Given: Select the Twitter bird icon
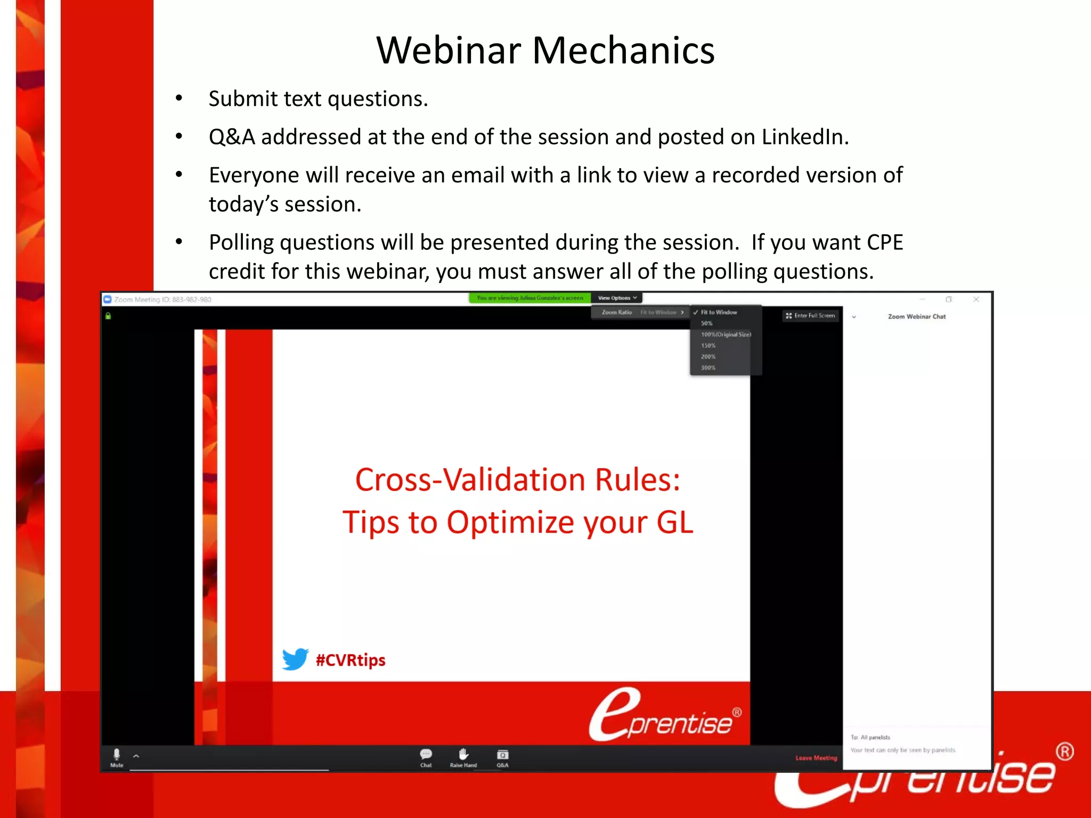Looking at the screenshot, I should point(295,659).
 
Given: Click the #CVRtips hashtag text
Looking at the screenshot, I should point(351,660).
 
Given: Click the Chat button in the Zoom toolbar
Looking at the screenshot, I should point(426,757).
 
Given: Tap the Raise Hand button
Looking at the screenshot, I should point(463,757).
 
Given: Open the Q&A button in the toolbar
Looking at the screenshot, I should point(502,757).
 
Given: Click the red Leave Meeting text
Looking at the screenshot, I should point(816,758).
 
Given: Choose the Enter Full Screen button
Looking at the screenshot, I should point(810,316).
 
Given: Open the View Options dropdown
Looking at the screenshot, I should point(617,298).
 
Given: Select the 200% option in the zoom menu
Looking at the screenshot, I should point(708,357).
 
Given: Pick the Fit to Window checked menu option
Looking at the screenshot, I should point(718,313).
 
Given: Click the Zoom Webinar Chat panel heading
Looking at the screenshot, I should point(916,316).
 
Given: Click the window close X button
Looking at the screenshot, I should point(976,299).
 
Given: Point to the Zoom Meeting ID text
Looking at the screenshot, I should point(162,300).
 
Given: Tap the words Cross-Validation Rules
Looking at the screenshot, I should point(517,480).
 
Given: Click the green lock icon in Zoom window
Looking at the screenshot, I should point(108,316).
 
